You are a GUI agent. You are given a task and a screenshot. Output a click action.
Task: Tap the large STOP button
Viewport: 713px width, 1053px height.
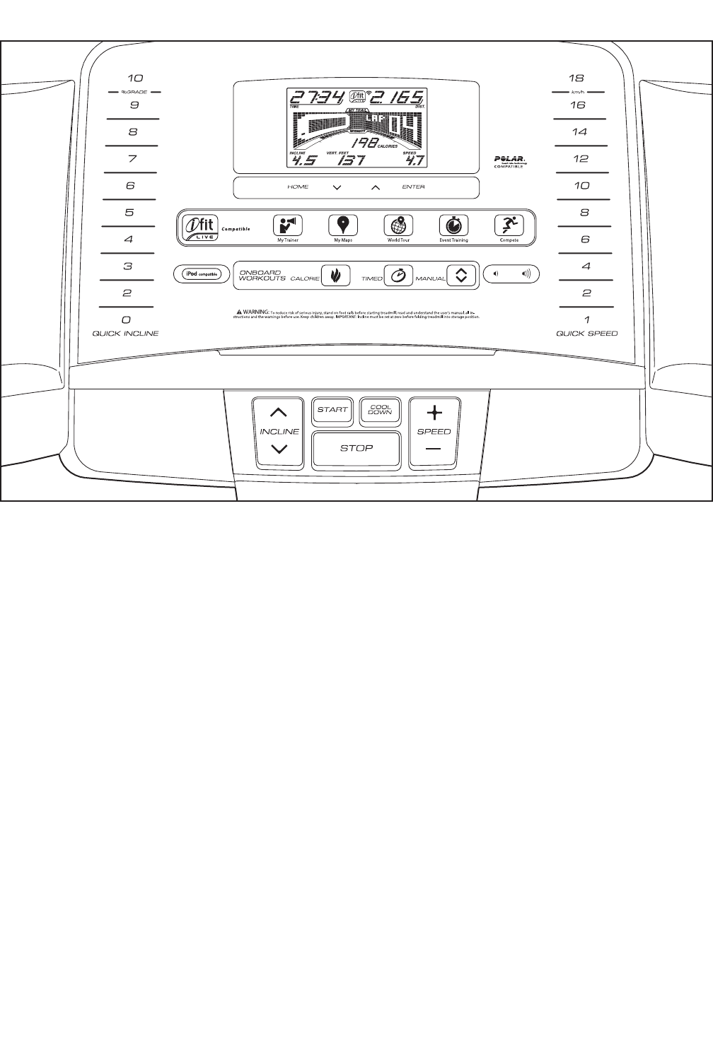356,448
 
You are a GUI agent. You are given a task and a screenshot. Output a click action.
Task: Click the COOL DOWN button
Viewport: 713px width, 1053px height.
380,410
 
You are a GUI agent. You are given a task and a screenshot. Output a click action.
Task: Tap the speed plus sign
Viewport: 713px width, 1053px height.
434,413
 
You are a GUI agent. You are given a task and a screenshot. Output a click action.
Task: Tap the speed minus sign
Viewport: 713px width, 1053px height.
434,449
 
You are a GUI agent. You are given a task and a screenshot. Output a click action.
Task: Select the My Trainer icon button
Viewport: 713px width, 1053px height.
288,225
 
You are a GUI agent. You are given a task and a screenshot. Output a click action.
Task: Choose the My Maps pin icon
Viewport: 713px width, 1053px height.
343,225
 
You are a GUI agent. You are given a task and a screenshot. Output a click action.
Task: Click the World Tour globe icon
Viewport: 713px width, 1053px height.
398,225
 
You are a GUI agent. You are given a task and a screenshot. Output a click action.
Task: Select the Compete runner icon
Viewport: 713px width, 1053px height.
509,225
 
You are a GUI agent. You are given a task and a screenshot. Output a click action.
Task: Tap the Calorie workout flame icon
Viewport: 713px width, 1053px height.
336,275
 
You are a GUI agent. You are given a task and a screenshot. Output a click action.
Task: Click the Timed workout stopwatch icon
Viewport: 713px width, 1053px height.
398,275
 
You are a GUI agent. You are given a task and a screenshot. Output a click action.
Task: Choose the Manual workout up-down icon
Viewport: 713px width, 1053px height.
461,275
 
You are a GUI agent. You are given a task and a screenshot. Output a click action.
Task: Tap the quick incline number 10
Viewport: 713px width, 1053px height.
134,78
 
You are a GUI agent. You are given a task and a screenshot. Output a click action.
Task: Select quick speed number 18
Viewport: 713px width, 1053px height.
576,78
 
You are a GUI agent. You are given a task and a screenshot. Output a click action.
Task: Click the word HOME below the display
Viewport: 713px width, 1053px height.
298,187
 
